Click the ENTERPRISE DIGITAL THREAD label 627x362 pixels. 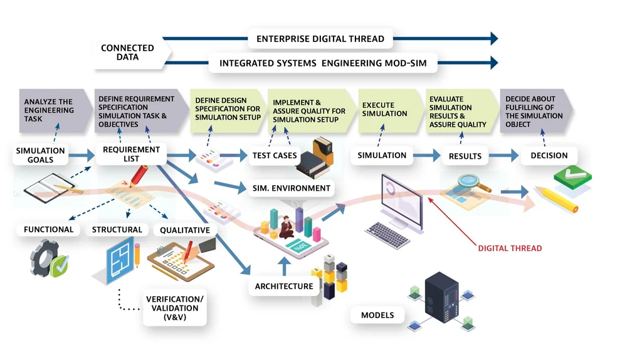pyautogui.click(x=320, y=39)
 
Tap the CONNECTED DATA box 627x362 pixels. pyautogui.click(x=127, y=53)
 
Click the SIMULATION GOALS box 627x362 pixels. pyautogui.click(x=40, y=155)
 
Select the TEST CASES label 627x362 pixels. pyautogui.click(x=275, y=156)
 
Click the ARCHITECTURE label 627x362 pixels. pyautogui.click(x=284, y=286)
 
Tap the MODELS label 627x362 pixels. pyautogui.click(x=377, y=315)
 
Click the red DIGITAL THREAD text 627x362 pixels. pyautogui.click(x=510, y=248)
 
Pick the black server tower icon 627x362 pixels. pyautogui.click(x=441, y=298)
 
